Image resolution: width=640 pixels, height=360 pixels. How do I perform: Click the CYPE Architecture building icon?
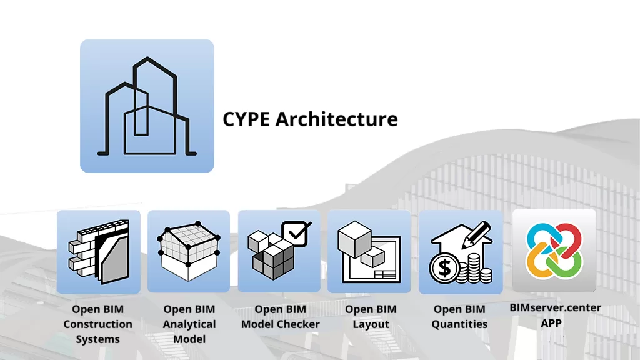(x=147, y=106)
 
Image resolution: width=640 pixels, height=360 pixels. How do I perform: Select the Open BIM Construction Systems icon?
(x=98, y=252)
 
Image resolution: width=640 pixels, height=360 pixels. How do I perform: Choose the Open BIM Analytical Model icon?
(x=189, y=252)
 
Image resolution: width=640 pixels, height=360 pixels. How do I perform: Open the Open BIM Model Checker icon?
(x=279, y=252)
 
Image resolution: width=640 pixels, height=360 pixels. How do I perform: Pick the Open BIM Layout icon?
(x=369, y=252)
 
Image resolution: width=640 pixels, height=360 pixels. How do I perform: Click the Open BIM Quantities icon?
(x=461, y=252)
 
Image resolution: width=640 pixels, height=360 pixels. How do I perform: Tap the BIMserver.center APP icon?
(x=554, y=251)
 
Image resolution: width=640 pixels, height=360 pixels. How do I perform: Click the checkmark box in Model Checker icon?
(x=296, y=233)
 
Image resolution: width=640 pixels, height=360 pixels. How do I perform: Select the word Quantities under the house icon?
(x=460, y=324)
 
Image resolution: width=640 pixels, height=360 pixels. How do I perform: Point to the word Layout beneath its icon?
(x=371, y=324)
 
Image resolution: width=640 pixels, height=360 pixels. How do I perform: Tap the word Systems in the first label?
(x=97, y=339)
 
